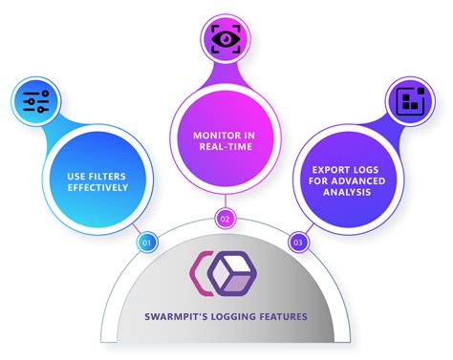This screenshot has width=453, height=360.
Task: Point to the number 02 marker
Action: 226,218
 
